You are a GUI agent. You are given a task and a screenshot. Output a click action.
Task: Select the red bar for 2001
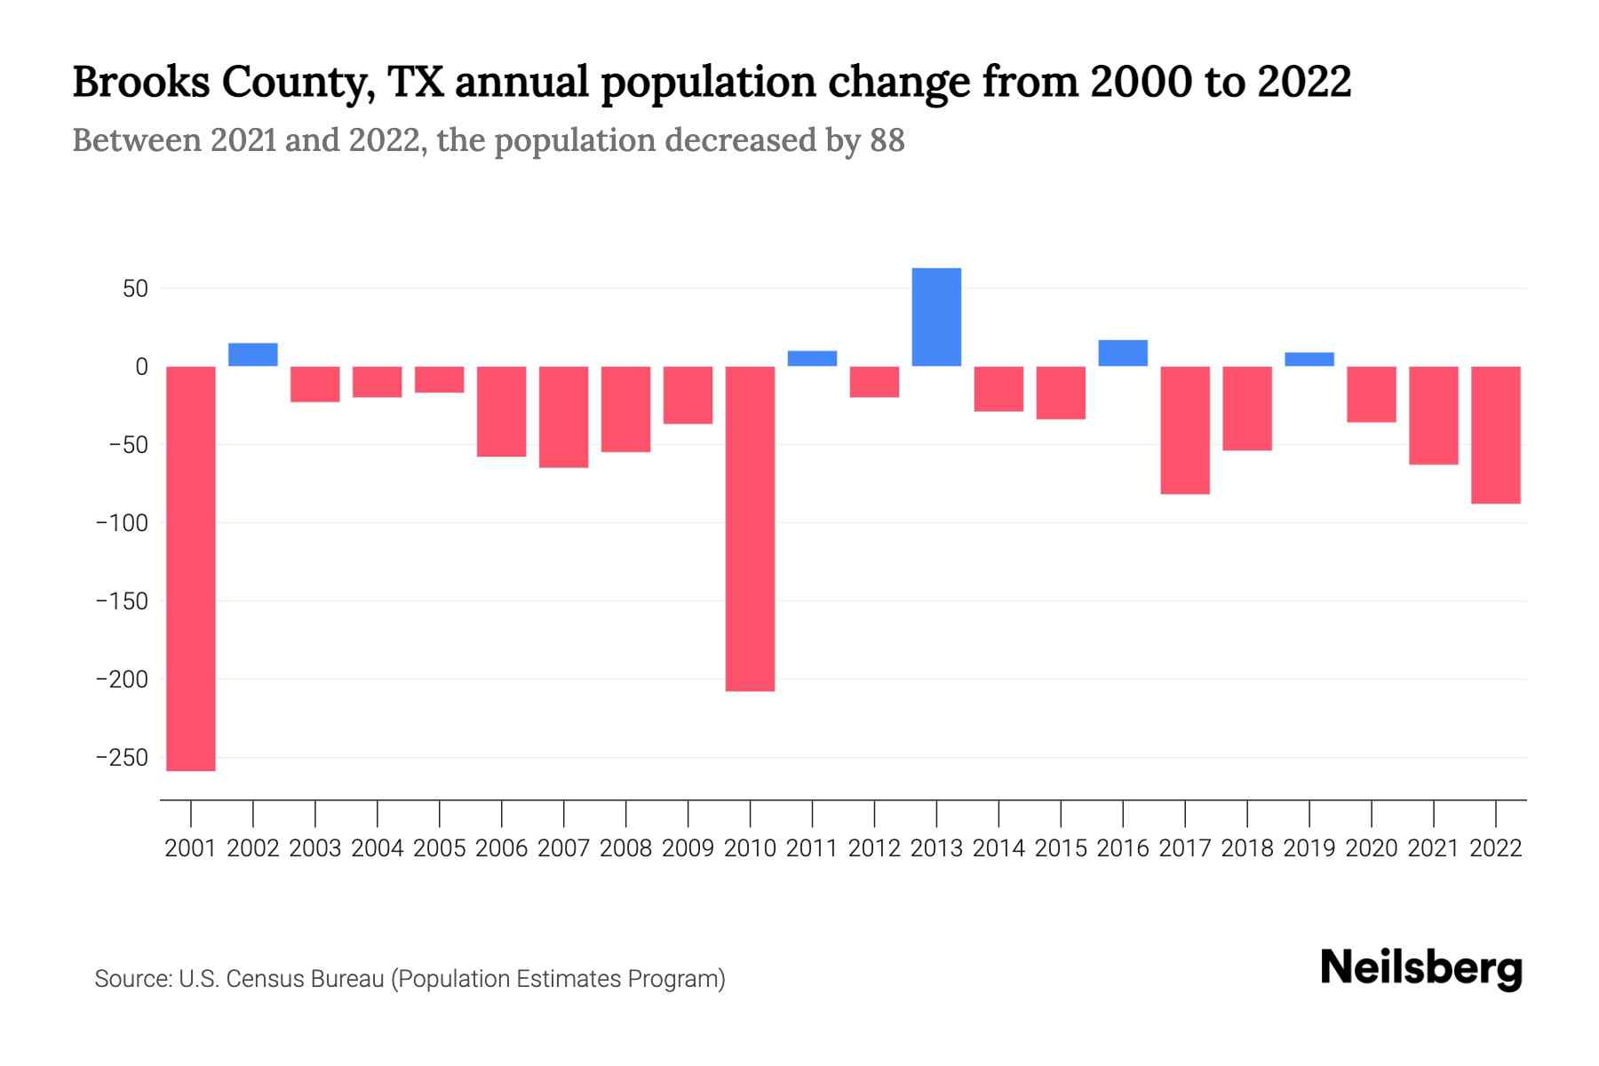[x=191, y=569]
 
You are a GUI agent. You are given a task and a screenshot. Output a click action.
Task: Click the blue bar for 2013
[x=936, y=317]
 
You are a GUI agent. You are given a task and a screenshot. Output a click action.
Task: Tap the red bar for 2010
[x=750, y=529]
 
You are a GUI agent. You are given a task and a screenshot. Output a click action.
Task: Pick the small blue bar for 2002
[x=253, y=354]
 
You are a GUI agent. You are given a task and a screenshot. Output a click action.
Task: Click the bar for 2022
[x=1496, y=435]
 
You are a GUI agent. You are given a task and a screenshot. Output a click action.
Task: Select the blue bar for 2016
[x=1123, y=353]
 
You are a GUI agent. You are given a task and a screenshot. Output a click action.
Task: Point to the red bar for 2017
[x=1185, y=430]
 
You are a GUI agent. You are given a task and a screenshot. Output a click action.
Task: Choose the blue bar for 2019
[x=1309, y=359]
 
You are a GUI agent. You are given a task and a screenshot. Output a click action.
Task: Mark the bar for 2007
[x=563, y=417]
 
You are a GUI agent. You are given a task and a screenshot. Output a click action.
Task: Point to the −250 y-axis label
[x=122, y=758]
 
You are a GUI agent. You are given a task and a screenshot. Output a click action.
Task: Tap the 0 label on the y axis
[x=141, y=367]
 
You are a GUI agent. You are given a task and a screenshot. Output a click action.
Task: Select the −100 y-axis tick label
[x=122, y=523]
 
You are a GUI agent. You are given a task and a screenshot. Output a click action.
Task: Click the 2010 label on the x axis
[x=750, y=848]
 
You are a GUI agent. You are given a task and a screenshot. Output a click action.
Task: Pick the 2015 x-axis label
[x=1061, y=848]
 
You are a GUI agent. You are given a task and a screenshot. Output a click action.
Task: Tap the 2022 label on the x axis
[x=1496, y=848]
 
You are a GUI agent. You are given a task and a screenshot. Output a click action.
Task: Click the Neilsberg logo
[x=1421, y=968]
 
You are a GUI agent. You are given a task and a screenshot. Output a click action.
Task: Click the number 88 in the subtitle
[x=887, y=140]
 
